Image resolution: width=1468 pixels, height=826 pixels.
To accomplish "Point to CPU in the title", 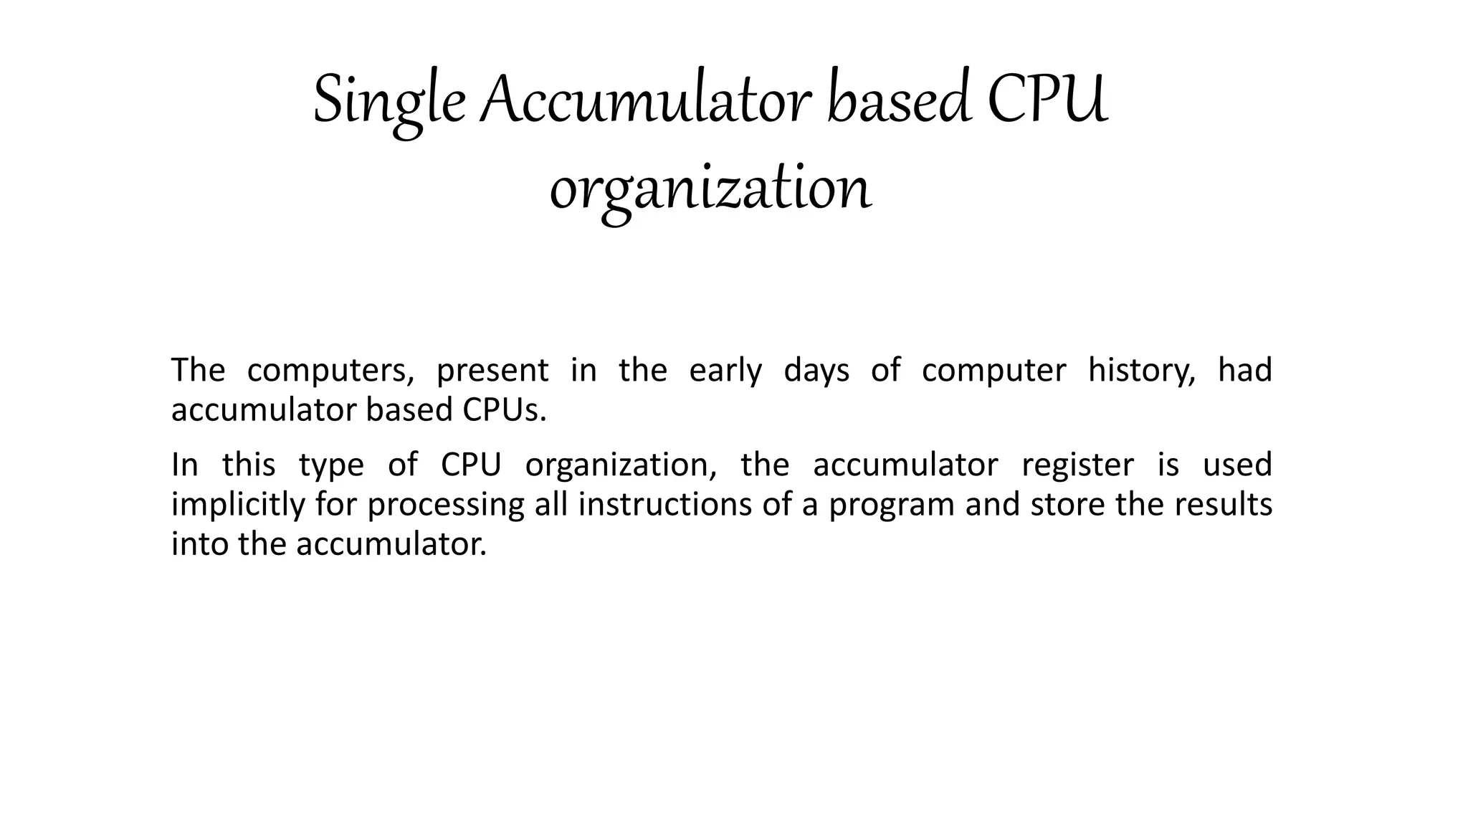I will tap(1047, 100).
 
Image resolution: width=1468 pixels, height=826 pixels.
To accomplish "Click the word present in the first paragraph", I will tap(492, 371).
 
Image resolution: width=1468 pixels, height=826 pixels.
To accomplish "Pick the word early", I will tap(725, 371).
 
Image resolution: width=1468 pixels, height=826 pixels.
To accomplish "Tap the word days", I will tap(816, 371).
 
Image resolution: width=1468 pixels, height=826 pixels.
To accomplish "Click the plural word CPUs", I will tap(504, 410).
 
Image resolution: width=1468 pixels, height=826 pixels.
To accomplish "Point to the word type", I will tap(331, 465).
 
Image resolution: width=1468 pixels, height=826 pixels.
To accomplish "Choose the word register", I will tap(1077, 465).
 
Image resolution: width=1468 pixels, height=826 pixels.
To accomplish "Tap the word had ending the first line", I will tap(1245, 371).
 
